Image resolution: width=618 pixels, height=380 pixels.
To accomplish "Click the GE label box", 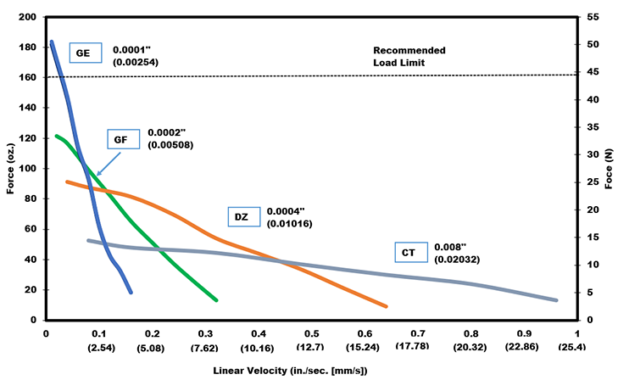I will pos(83,53).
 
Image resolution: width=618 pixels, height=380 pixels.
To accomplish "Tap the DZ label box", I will pos(242,217).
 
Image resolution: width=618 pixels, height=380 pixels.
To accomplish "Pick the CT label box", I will pos(409,252).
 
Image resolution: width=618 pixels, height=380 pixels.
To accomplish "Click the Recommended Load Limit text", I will pos(409,56).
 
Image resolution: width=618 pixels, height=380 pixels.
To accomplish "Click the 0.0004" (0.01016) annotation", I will pos(292,217).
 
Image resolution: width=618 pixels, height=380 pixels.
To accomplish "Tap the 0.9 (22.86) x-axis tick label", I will pos(526,340).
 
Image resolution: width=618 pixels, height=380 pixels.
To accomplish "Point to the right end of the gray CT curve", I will pos(556,300).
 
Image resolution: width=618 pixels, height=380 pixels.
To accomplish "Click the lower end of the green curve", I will pos(216,299).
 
